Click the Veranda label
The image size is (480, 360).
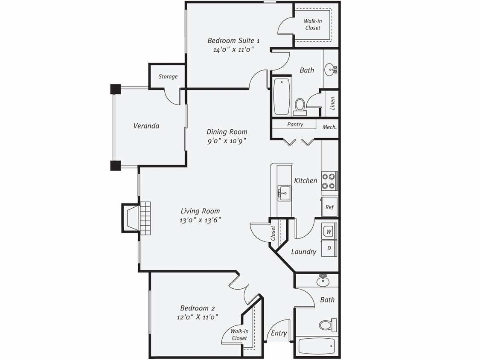coord(146,126)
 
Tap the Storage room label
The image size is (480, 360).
coord(168,77)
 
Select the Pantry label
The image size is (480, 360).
coord(295,125)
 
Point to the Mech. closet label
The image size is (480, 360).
coord(329,127)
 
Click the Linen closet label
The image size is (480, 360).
coord(332,103)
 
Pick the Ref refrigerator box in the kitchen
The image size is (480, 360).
coord(329,207)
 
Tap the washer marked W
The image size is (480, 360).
coord(329,232)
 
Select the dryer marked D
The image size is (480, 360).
coord(329,248)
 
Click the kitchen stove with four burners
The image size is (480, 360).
coord(329,181)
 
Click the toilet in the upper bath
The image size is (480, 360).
coord(300,107)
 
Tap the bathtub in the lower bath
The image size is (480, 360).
coord(317,346)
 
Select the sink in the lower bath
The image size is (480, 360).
coord(323,281)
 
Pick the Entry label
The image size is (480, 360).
coord(279,334)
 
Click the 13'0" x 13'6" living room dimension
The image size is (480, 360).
coord(201,220)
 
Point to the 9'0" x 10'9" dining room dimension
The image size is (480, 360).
coord(227,141)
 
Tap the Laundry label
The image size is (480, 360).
coord(303,252)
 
